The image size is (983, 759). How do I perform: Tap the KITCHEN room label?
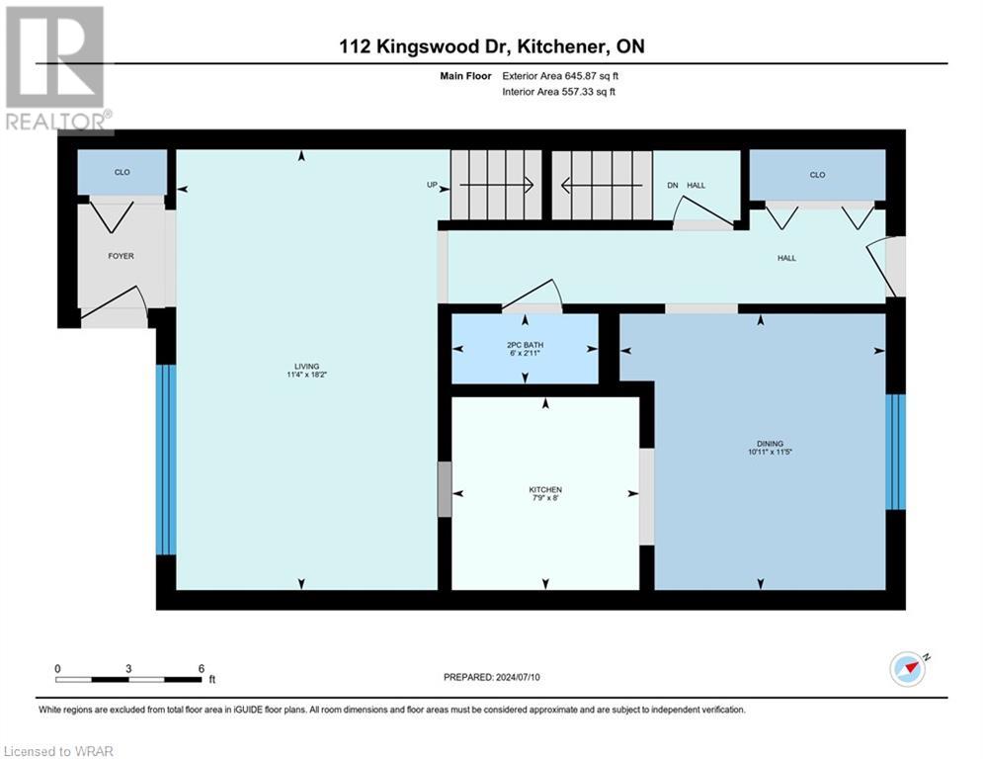(x=545, y=490)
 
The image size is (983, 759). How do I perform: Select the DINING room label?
(x=772, y=444)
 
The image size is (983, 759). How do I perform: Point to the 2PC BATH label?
(x=526, y=344)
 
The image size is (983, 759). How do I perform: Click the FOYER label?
(x=121, y=256)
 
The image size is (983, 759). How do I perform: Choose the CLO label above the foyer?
(x=123, y=172)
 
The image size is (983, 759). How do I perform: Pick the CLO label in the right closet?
(x=817, y=175)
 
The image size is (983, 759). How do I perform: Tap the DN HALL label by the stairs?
(x=686, y=185)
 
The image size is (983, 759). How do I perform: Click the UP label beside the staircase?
(x=431, y=185)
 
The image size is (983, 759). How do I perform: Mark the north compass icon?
(x=908, y=668)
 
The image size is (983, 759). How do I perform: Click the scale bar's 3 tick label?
(x=128, y=668)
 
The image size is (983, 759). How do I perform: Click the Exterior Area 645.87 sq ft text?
(x=559, y=75)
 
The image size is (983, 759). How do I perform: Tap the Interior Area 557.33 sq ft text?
(x=559, y=92)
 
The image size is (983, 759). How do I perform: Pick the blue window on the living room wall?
(x=166, y=460)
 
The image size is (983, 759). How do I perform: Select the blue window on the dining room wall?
(x=894, y=452)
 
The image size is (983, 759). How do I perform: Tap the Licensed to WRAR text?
(x=58, y=751)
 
